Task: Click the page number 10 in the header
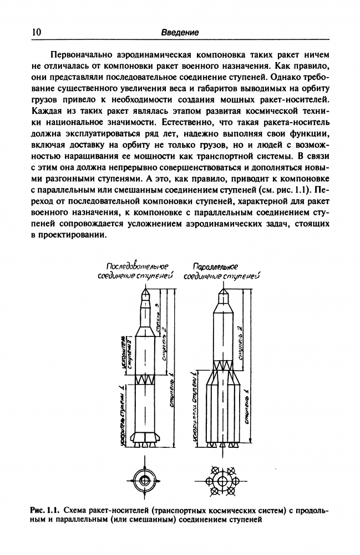(36, 32)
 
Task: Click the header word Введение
(180, 33)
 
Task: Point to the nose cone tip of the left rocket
(146, 288)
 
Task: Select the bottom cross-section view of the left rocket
(145, 480)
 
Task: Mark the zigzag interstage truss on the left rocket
(145, 382)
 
